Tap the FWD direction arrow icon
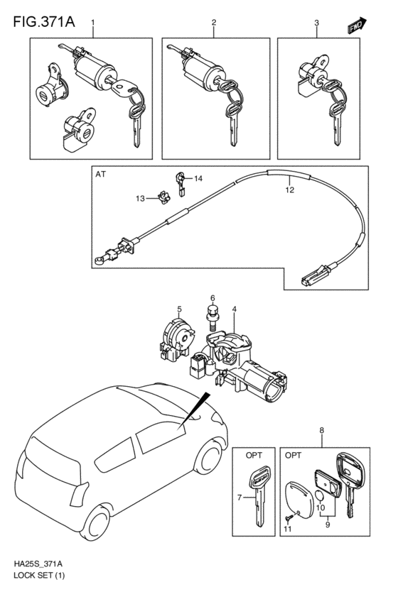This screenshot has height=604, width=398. [357, 26]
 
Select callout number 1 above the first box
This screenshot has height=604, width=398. [92, 24]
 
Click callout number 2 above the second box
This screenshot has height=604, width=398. [213, 24]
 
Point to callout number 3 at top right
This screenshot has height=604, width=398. [316, 24]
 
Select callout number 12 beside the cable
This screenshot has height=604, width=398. [289, 190]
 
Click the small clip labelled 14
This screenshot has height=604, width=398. [181, 177]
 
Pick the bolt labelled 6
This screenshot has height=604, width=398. [211, 313]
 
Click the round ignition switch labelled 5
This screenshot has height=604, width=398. [177, 338]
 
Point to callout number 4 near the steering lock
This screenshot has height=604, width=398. [235, 309]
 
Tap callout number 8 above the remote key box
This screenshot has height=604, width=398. [321, 430]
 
